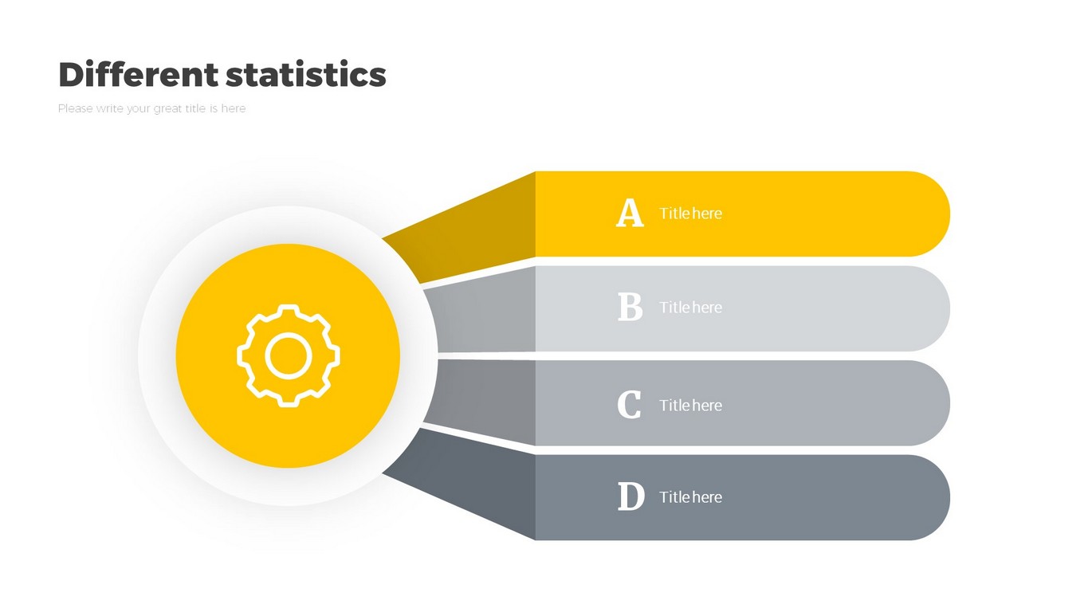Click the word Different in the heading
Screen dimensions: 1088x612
tap(138, 74)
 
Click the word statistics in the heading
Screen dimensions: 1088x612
tap(306, 74)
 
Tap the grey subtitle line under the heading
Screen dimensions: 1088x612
tap(151, 108)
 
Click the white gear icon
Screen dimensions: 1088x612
tap(288, 356)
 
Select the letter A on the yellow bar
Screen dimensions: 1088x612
tap(630, 213)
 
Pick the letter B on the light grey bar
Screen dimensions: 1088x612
tap(630, 307)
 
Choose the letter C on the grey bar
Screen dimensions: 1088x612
tap(629, 404)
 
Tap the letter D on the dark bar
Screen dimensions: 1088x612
tap(631, 496)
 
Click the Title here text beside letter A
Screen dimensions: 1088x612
tap(690, 214)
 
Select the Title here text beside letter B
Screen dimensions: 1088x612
tap(690, 308)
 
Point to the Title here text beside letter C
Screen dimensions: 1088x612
tap(690, 406)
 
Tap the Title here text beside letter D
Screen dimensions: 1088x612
tap(690, 497)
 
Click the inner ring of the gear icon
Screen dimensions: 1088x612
tap(288, 335)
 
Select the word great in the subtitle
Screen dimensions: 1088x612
tap(168, 109)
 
